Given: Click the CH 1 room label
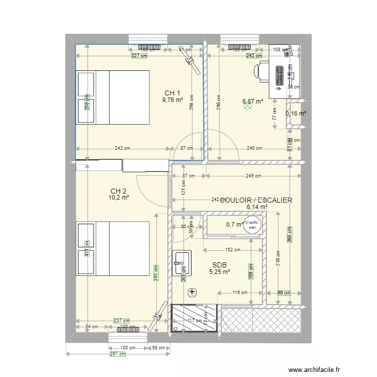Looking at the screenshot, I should click(172, 92).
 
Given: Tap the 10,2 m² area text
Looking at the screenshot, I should click(119, 198).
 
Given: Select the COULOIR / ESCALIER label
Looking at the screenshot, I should click(256, 200).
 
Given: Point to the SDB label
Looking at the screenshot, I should click(219, 265).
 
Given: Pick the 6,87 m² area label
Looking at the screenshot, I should click(253, 101).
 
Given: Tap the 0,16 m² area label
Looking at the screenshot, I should click(296, 114).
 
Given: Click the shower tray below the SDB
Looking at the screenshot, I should click(194, 318).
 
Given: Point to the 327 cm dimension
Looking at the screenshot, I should click(139, 56).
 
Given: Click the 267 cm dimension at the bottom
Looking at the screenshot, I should click(118, 354).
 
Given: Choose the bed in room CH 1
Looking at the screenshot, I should click(113, 98).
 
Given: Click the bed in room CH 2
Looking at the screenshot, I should click(113, 248).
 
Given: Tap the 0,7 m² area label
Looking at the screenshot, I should click(234, 225).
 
